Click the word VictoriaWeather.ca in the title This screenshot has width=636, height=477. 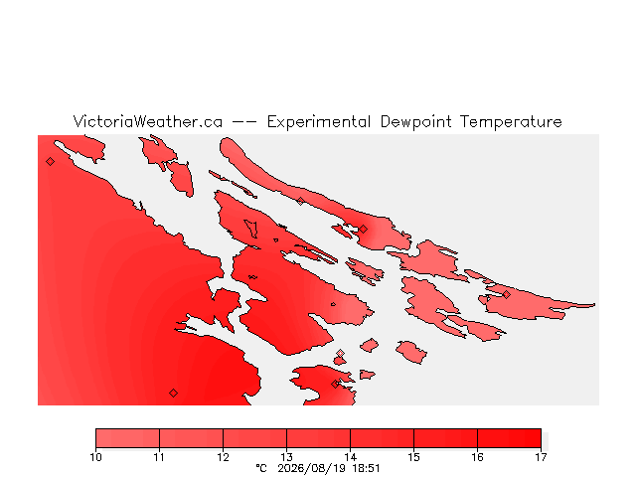click(148, 121)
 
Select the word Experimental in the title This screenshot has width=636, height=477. click(319, 122)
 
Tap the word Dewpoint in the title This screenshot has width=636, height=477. click(415, 122)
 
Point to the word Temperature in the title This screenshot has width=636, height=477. click(511, 122)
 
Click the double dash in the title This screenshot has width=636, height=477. click(244, 122)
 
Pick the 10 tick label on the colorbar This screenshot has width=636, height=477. click(95, 457)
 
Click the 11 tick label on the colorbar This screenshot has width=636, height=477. click(159, 457)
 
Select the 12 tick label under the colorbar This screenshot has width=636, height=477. click(223, 457)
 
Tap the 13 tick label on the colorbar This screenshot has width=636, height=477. click(286, 457)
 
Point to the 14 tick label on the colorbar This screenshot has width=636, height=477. click(350, 457)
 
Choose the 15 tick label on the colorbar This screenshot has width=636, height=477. click(413, 457)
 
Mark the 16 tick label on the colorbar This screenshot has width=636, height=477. click(477, 457)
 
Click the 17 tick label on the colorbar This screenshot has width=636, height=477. click(541, 457)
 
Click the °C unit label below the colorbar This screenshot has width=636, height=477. click(261, 468)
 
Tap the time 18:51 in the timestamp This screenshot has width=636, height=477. click(366, 468)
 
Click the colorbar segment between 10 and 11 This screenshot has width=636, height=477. click(127, 438)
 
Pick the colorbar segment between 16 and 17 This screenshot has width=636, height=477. click(509, 438)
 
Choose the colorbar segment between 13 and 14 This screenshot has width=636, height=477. click(318, 438)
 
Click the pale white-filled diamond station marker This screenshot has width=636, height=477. click(340, 354)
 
